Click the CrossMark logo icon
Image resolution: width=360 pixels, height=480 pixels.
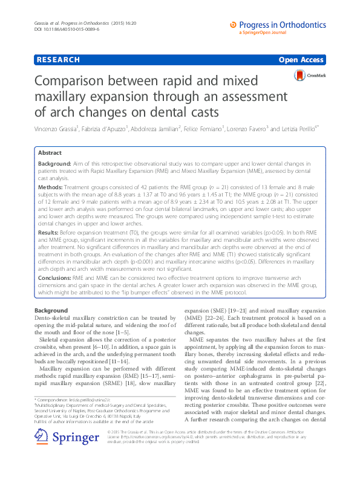point(301,75)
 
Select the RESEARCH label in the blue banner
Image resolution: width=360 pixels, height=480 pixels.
point(58,60)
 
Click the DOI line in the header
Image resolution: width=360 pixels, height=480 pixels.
point(62,29)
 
